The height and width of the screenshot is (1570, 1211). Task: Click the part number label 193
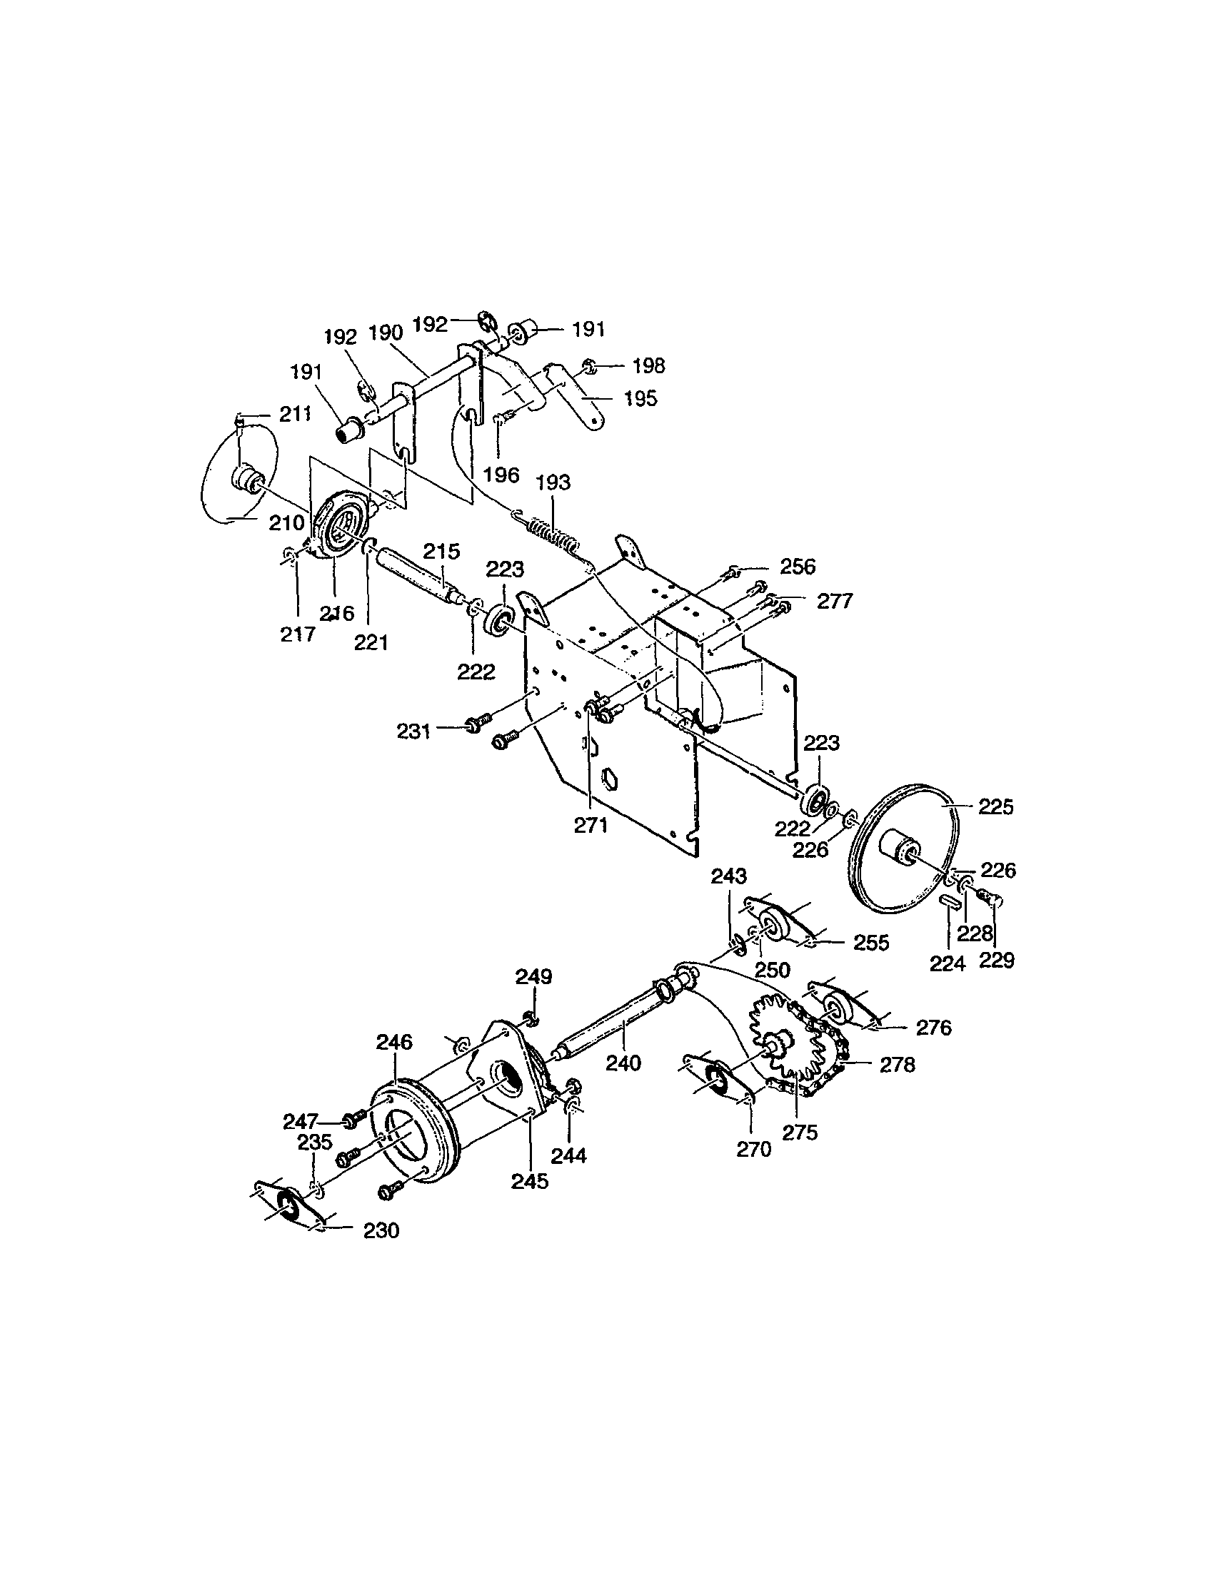pyautogui.click(x=553, y=482)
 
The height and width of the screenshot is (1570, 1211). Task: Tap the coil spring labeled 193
pyautogui.click(x=552, y=535)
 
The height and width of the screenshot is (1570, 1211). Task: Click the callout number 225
pyautogui.click(x=996, y=807)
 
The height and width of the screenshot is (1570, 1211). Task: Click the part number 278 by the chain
pyautogui.click(x=898, y=1065)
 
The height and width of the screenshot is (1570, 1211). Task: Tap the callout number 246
pyautogui.click(x=394, y=1042)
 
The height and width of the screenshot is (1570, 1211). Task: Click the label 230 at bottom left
pyautogui.click(x=381, y=1231)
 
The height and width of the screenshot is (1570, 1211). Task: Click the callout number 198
pyautogui.click(x=648, y=366)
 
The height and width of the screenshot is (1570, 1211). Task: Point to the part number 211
pyautogui.click(x=295, y=415)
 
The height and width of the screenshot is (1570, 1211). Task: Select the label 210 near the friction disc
pyautogui.click(x=287, y=522)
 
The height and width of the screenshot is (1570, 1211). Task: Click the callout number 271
pyautogui.click(x=591, y=825)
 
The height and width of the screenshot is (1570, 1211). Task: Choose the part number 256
pyautogui.click(x=798, y=567)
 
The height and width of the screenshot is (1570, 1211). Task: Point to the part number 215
pyautogui.click(x=441, y=552)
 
